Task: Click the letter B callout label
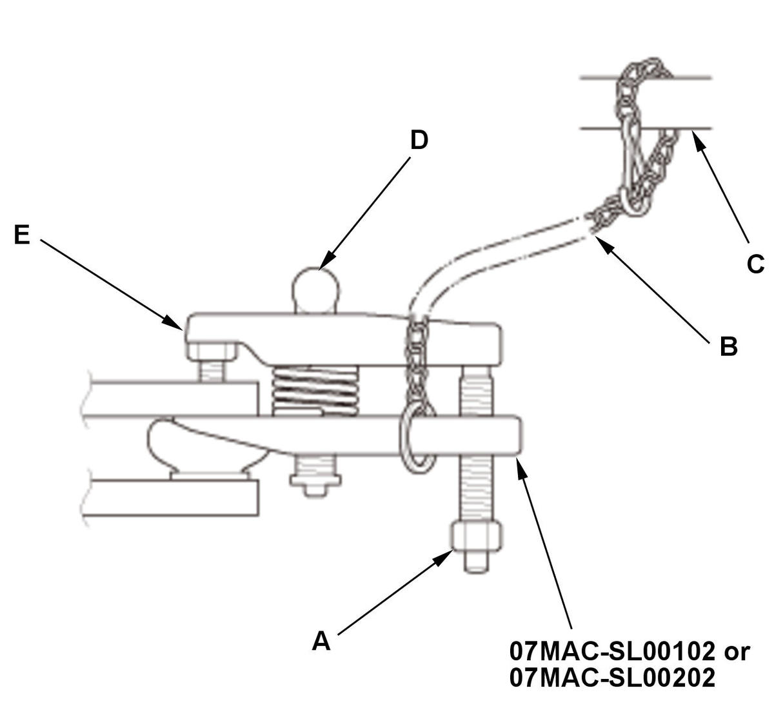(x=728, y=346)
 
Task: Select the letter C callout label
(x=755, y=264)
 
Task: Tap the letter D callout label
(x=419, y=140)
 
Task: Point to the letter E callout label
(x=21, y=235)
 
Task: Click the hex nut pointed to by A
(x=476, y=536)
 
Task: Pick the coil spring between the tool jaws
(x=315, y=391)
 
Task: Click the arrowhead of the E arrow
(x=173, y=322)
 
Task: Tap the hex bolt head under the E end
(x=211, y=351)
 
